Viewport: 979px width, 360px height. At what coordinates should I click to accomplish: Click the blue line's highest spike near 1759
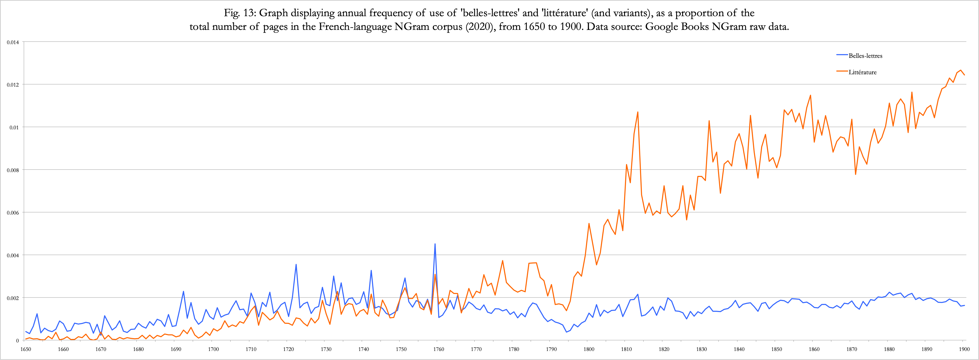435,244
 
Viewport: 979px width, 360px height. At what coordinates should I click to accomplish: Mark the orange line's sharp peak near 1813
638,112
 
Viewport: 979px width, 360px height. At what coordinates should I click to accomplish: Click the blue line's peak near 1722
296,265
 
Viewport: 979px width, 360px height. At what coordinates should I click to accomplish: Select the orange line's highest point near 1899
960,70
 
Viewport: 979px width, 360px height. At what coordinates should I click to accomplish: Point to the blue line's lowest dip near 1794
566,332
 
